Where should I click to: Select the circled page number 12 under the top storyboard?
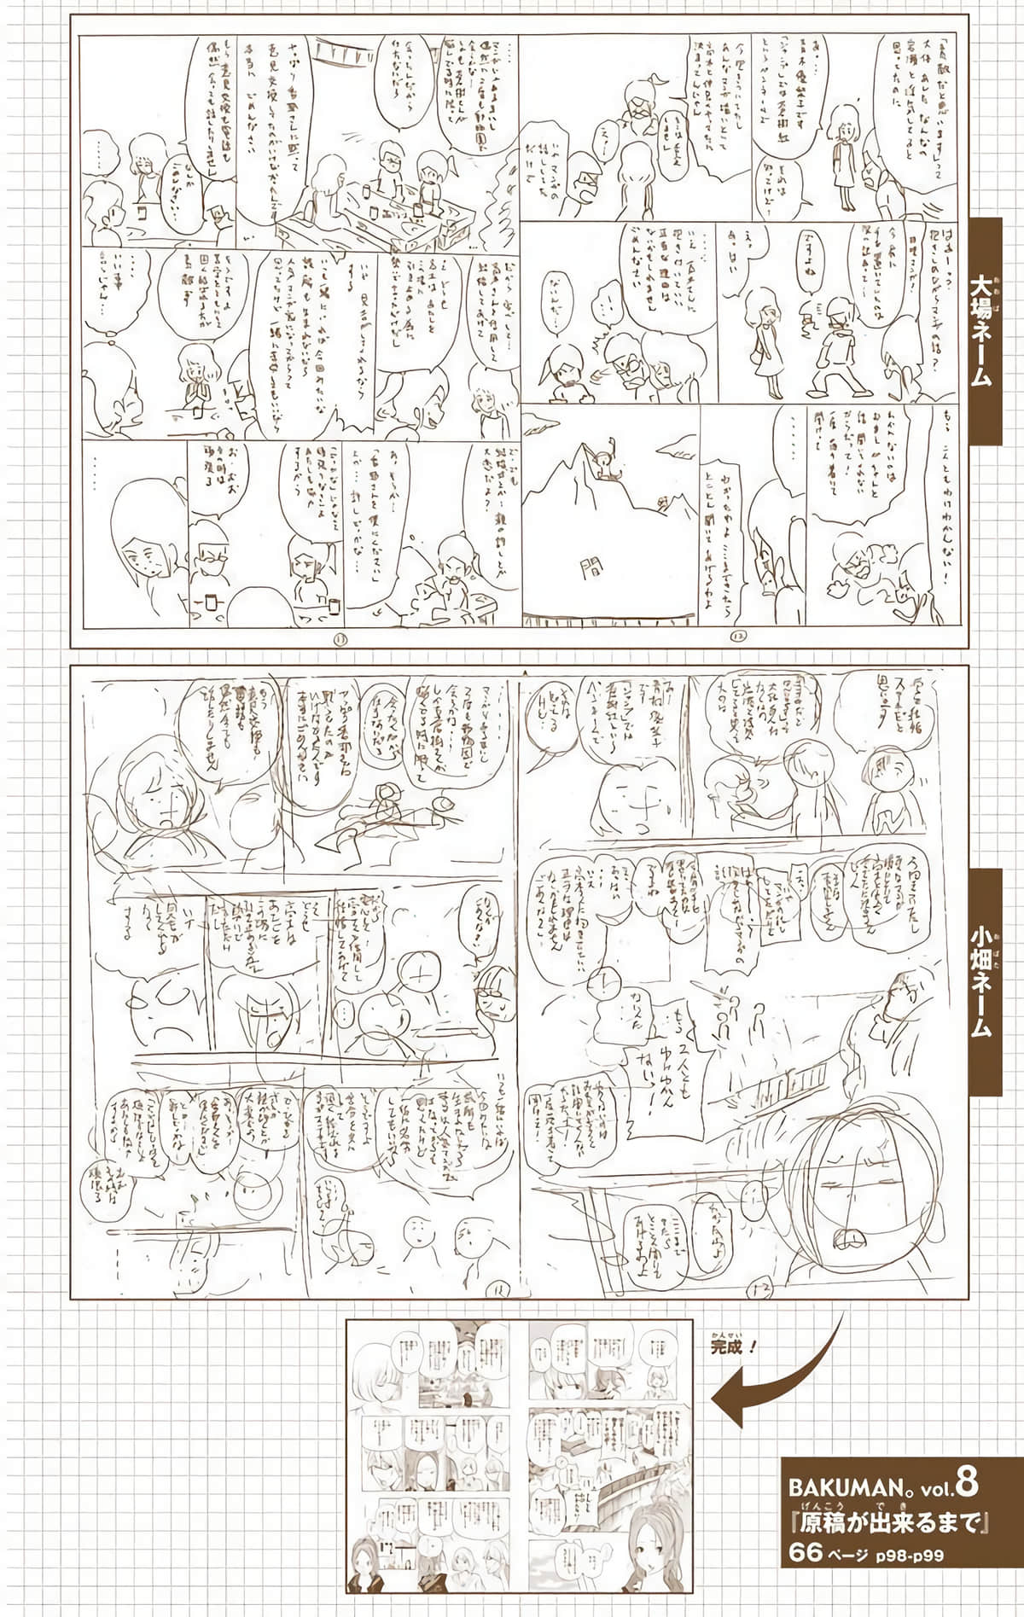(737, 636)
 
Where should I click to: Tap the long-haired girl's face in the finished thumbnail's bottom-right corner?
(657, 1546)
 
